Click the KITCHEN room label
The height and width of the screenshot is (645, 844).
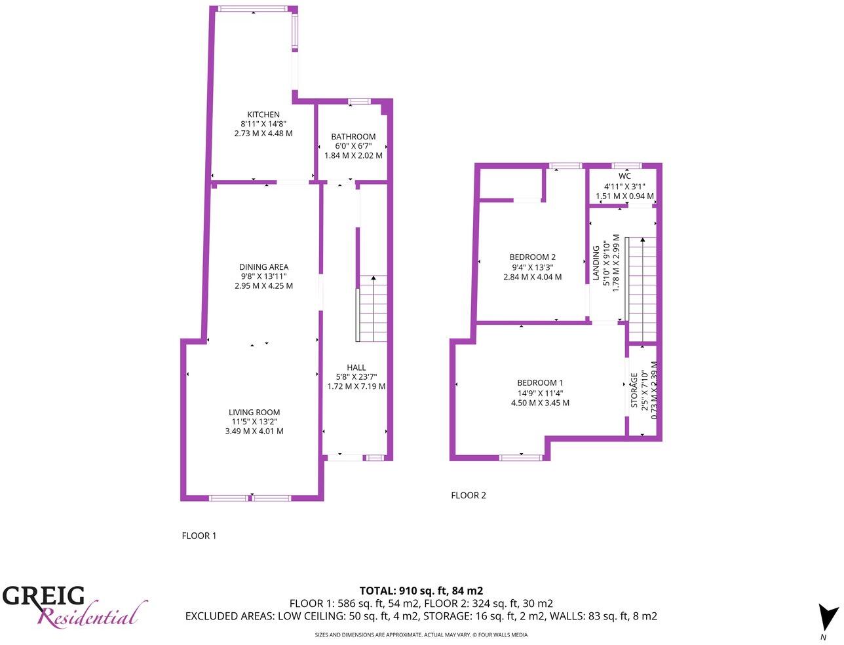click(x=263, y=115)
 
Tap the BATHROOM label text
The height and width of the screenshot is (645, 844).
click(x=353, y=137)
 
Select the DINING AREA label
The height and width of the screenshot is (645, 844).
click(x=263, y=267)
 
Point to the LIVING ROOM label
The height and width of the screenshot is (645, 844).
click(x=254, y=413)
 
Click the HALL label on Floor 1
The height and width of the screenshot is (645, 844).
click(x=356, y=367)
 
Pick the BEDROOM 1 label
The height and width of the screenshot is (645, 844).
click(x=540, y=383)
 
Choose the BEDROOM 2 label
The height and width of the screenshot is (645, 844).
click(x=533, y=257)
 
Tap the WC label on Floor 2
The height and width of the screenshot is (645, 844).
click(x=624, y=176)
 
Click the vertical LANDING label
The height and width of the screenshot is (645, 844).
click(x=596, y=263)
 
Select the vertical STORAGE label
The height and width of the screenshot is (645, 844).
click(x=634, y=390)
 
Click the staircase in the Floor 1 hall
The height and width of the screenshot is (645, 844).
click(x=372, y=308)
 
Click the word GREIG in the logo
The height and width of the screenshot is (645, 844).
click(x=44, y=596)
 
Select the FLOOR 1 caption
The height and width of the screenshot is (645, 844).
click(x=199, y=536)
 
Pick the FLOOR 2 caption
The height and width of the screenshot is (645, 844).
click(x=469, y=495)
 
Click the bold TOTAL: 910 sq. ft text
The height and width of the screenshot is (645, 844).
click(x=421, y=590)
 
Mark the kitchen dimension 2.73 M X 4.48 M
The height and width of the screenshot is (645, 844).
click(x=263, y=133)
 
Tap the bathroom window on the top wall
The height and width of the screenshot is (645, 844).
click(x=358, y=101)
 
